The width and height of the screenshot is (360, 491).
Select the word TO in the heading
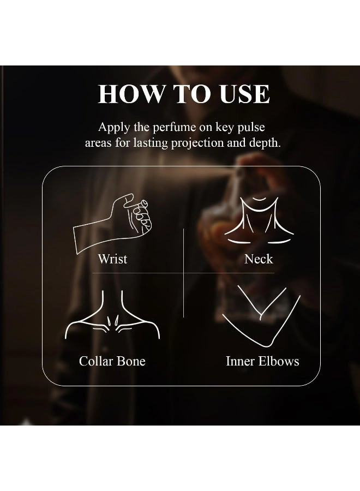coord(191,94)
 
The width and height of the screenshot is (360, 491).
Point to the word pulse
coord(251,127)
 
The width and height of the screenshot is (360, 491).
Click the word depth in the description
coord(265,143)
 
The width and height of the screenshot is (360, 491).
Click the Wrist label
coord(113,259)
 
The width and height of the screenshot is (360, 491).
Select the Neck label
coord(259,259)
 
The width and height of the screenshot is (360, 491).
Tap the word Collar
coord(96,361)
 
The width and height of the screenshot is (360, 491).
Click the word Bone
coord(131,361)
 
